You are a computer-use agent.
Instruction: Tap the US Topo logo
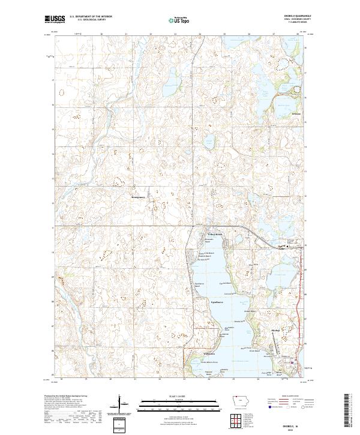[179, 20]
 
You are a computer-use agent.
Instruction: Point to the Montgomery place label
[139, 196]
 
